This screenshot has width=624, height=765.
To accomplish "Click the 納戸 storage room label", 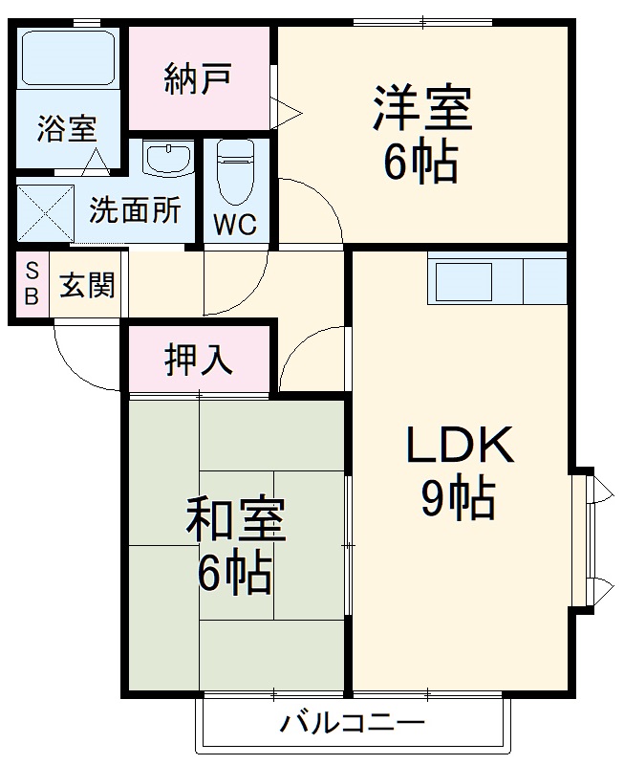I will point(199,79).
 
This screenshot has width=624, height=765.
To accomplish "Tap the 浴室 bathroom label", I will point(67,129).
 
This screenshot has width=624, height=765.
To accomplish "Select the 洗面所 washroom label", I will point(135,210).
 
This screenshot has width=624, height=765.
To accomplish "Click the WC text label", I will point(235,225).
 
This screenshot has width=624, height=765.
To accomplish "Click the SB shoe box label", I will point(32,283).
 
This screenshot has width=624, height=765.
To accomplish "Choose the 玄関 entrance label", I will point(88,285).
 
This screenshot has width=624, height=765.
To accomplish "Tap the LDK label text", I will point(462,446).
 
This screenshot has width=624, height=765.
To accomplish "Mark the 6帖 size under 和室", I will point(234,575).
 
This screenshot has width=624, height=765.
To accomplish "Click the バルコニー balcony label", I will point(352,724).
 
